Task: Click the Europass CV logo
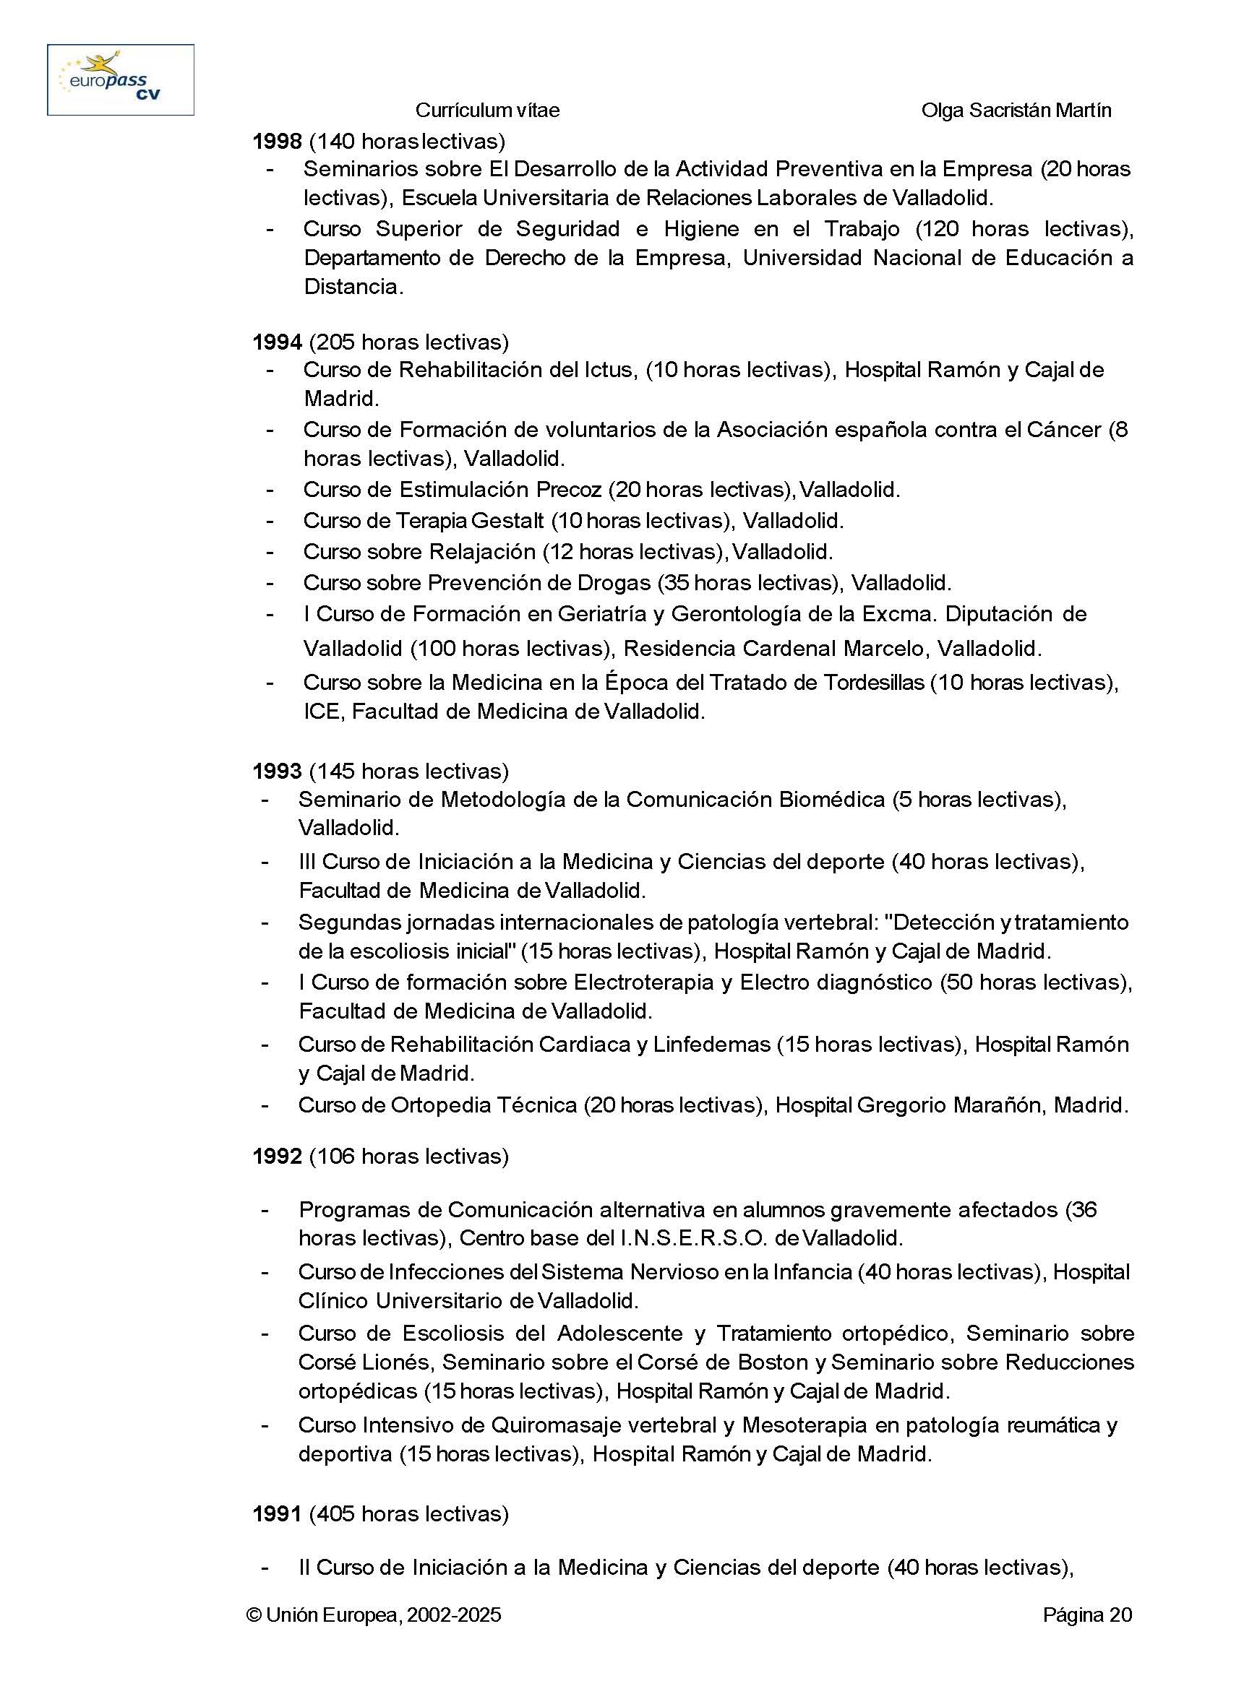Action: tap(121, 79)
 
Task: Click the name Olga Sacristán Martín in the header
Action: tap(1016, 111)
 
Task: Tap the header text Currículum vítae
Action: tap(487, 111)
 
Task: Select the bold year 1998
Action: tap(276, 141)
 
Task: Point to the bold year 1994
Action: tap(276, 342)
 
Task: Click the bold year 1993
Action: tap(276, 772)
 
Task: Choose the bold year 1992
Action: tap(276, 1157)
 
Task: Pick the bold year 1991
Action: tap(276, 1513)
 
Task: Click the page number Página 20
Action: tap(1086, 1615)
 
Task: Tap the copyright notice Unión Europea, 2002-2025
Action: tap(374, 1615)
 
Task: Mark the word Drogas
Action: tap(613, 582)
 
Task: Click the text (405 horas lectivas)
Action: tap(409, 1513)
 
